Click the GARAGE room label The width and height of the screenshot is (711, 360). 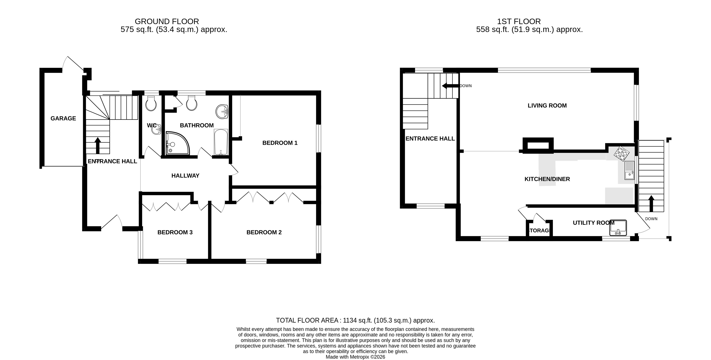(x=63, y=118)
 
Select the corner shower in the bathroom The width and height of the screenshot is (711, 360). (x=177, y=143)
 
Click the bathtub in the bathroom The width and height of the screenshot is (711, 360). (x=221, y=142)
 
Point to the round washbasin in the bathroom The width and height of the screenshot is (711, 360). (x=222, y=112)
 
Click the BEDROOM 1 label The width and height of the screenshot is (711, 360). (x=280, y=143)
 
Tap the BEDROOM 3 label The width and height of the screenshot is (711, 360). (x=175, y=232)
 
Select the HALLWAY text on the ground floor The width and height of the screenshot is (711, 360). (x=185, y=176)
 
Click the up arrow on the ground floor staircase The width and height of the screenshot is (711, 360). (x=98, y=146)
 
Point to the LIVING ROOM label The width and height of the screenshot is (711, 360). (x=547, y=105)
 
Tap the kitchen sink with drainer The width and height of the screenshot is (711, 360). (x=629, y=171)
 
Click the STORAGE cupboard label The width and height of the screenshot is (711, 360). (x=539, y=230)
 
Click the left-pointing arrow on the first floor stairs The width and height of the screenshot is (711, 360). (x=451, y=86)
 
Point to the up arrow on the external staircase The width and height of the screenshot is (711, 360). (x=651, y=204)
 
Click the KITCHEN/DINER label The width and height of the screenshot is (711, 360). (x=547, y=179)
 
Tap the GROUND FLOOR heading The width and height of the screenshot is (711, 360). (x=167, y=21)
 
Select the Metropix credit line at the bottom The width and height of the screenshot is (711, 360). (x=356, y=357)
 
